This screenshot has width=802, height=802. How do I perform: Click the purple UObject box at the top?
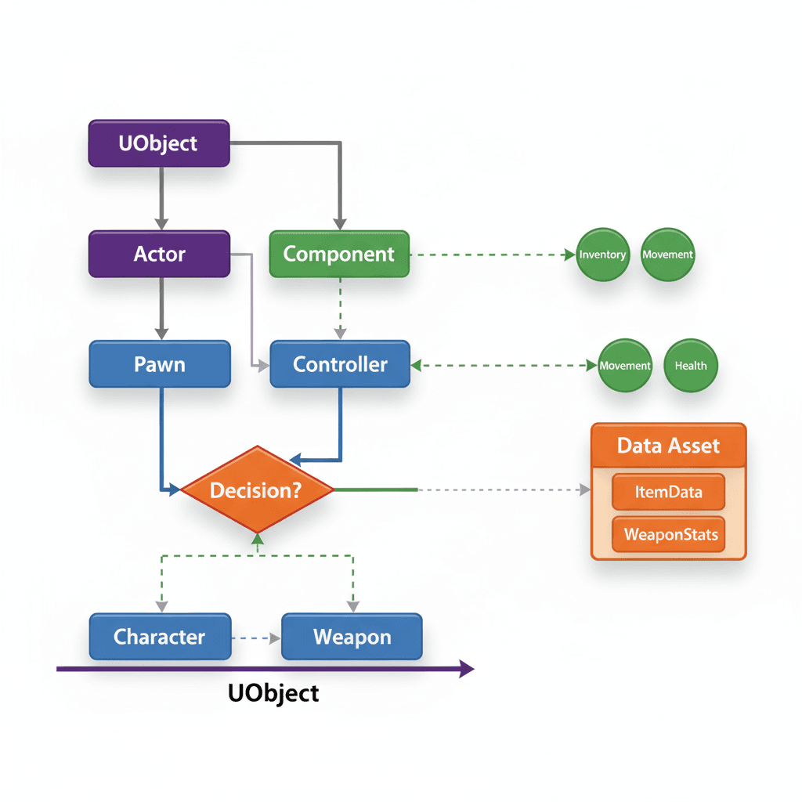159,143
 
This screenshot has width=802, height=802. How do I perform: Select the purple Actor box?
159,254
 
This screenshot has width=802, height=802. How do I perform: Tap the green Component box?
339,254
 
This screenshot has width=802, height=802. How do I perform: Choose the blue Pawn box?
160,364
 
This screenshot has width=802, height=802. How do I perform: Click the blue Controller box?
340,364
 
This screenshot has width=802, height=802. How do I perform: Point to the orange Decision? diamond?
258,490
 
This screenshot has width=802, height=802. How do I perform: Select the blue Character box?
160,637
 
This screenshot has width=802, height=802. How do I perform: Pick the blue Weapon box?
352,637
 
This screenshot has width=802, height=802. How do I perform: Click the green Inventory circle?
602,255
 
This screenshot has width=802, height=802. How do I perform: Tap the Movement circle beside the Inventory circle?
667,255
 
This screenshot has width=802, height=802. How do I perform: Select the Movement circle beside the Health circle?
624,366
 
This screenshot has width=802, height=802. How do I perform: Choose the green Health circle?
691,366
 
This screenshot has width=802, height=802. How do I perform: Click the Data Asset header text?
668,446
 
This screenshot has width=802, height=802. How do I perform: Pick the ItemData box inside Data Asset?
668,493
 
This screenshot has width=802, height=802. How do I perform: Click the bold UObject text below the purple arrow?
273,693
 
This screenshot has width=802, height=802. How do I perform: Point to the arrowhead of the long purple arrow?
467,669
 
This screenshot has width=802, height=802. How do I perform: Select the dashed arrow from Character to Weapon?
256,638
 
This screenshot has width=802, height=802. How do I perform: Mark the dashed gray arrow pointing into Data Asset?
501,490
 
